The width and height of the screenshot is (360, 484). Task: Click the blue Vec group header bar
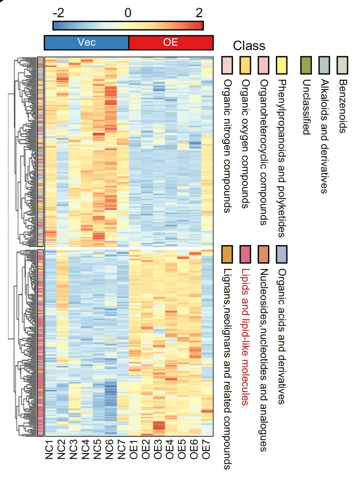pyautogui.click(x=86, y=43)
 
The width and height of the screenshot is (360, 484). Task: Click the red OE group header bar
pyautogui.click(x=171, y=43)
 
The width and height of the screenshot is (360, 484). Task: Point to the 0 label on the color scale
pyautogui.click(x=128, y=13)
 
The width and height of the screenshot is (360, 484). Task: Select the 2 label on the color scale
pyautogui.click(x=199, y=13)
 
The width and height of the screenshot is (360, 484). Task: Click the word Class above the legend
pyautogui.click(x=249, y=46)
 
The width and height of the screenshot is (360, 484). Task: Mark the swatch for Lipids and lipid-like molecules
pyautogui.click(x=245, y=254)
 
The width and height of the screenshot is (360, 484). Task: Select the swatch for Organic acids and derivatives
pyautogui.click(x=282, y=254)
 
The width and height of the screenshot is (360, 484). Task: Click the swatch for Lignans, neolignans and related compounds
pyautogui.click(x=227, y=254)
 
